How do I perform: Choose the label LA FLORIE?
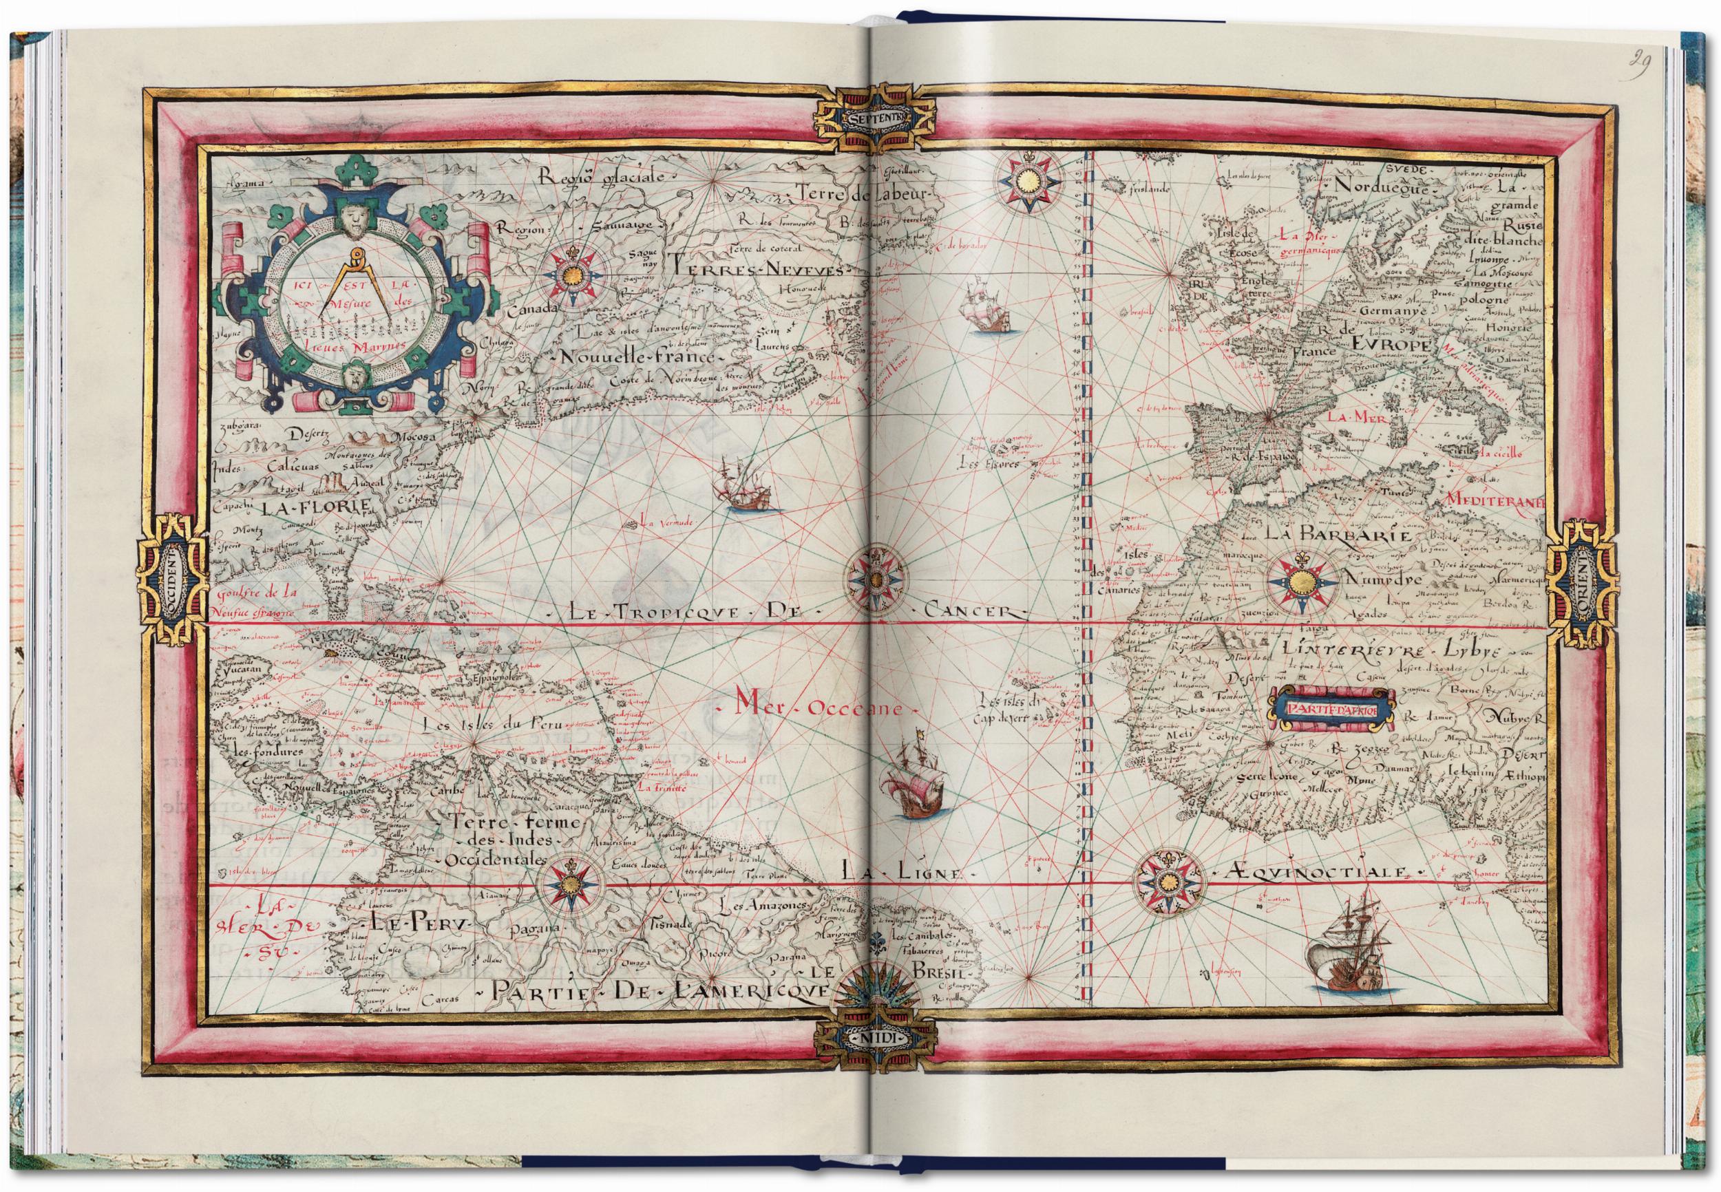pos(315,507)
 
